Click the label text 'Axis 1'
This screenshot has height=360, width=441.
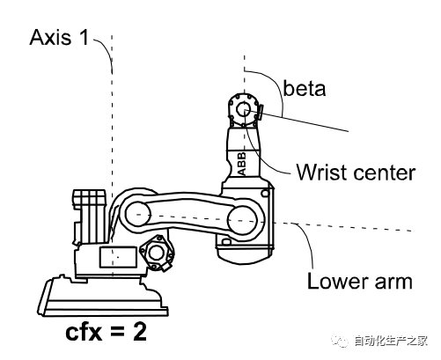coord(59,37)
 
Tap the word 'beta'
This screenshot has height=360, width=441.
coord(305,88)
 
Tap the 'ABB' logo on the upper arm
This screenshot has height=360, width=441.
coord(242,164)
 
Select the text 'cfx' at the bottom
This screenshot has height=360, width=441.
coord(84,332)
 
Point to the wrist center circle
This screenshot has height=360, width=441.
coord(244,111)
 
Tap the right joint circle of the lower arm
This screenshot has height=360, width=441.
coord(242,220)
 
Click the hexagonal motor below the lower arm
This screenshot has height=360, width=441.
coord(157,253)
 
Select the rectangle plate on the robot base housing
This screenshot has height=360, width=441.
coord(118,257)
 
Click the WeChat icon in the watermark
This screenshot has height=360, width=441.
coord(341,341)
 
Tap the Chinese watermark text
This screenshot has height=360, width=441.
coord(391,341)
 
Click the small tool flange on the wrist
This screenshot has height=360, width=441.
coord(260,113)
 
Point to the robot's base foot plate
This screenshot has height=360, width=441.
coord(103,296)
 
